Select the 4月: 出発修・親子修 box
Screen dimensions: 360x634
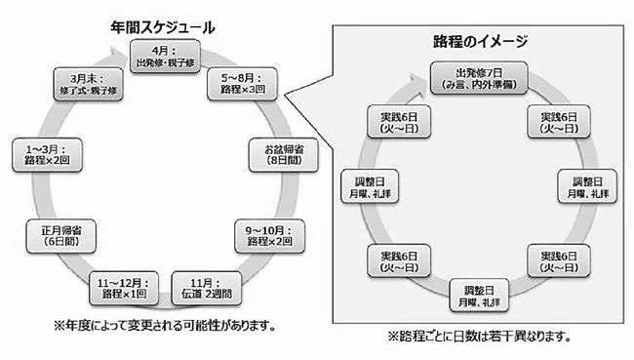(x=162, y=57)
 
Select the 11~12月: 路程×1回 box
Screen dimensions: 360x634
(x=122, y=287)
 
